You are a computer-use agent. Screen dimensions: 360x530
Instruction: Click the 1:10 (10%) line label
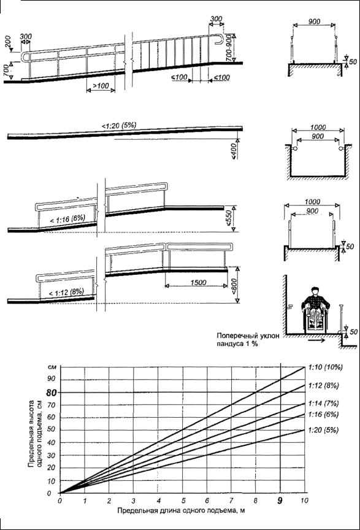[x=325, y=367]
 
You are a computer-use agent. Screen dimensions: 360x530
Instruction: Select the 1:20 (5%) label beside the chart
[x=323, y=430]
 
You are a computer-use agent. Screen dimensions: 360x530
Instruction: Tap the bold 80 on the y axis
[x=52, y=393]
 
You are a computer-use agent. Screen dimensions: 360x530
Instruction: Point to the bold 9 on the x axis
[x=280, y=501]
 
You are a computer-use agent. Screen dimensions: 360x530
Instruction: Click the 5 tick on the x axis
[x=183, y=501]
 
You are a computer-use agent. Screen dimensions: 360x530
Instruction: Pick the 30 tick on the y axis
[x=52, y=455]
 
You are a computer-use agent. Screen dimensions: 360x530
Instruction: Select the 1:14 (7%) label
[x=323, y=404]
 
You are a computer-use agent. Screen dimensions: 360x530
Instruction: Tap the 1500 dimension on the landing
[x=198, y=282]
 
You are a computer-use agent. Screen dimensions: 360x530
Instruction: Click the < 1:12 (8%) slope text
[x=66, y=292]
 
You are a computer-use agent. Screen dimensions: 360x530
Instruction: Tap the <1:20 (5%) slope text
[x=119, y=126]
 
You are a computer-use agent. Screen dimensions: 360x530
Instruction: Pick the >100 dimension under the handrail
[x=101, y=86]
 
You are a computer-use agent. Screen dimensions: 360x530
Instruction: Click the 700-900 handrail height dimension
[x=228, y=48]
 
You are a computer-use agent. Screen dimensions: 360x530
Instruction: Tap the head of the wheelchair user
[x=315, y=291]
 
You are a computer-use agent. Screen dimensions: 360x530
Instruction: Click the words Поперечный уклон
[x=248, y=336]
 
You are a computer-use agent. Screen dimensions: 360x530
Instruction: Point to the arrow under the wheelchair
[x=316, y=340]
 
